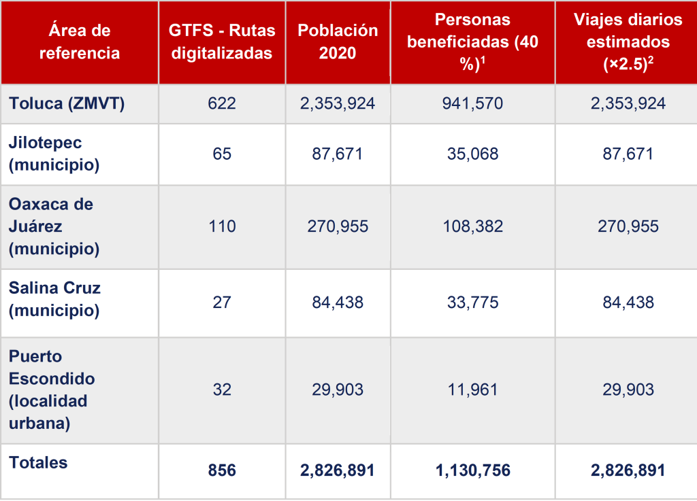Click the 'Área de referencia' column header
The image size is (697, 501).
pos(80,42)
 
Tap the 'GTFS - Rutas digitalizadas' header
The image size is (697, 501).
pos(222,42)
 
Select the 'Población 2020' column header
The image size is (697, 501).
pos(338,42)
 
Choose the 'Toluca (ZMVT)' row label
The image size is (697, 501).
pos(67,103)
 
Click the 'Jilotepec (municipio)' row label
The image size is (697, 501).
pos(54,154)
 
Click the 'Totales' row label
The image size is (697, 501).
pos(39,463)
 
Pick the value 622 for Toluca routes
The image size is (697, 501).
pos(222,103)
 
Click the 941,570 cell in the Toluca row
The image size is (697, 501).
pos(472,103)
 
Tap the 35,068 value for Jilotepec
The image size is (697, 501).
pos(472,154)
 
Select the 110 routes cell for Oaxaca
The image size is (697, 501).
pos(222,226)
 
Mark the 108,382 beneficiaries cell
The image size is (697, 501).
pos(472,226)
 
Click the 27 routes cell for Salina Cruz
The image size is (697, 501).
pos(222,302)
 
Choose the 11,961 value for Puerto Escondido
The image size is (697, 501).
pos(472,390)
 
